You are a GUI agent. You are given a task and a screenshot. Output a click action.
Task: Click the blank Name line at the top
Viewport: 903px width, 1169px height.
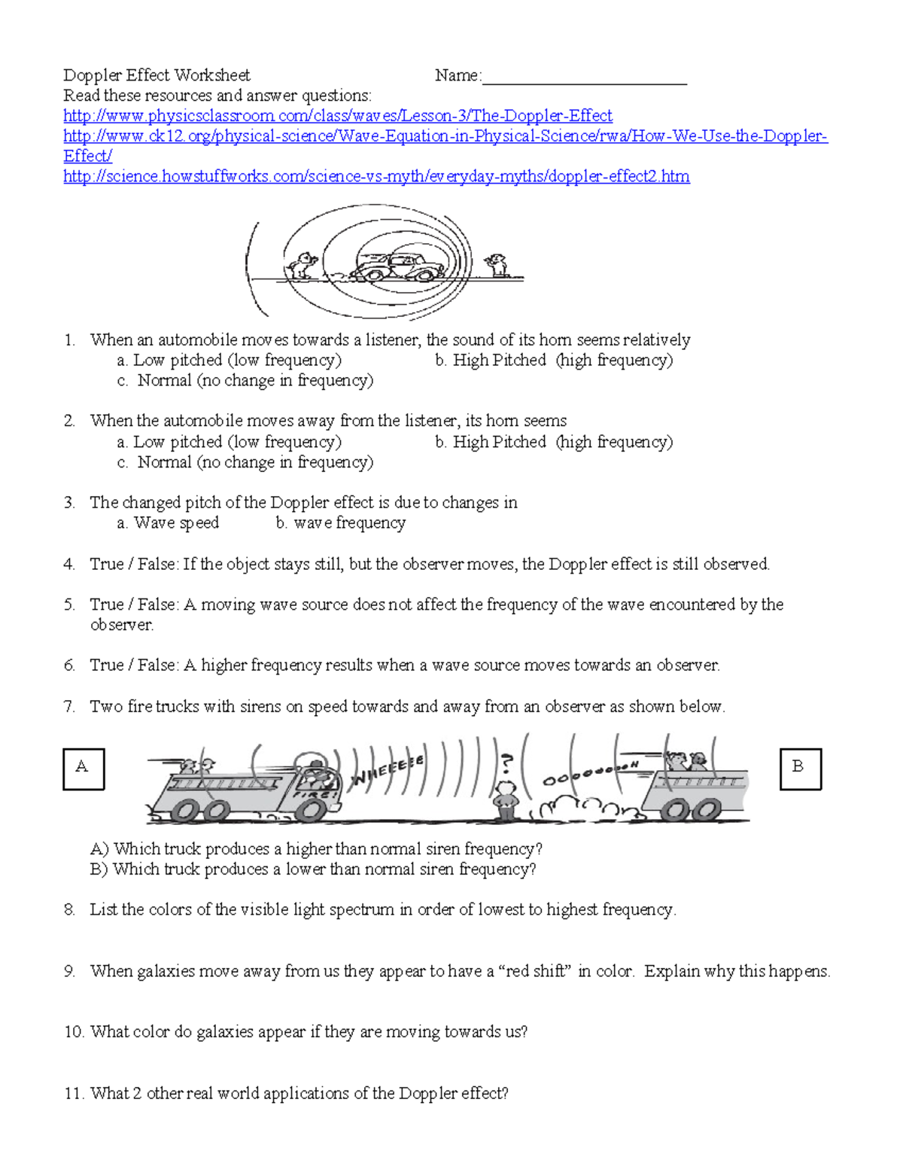tap(584, 78)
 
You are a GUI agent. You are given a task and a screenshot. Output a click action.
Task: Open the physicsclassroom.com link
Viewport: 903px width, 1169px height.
tap(338, 116)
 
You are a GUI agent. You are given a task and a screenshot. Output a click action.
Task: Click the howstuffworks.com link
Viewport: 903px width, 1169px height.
tap(376, 177)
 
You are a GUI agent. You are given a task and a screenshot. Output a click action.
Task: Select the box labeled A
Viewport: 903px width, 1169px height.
tap(84, 769)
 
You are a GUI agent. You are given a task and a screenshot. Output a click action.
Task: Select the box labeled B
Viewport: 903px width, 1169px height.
tap(801, 769)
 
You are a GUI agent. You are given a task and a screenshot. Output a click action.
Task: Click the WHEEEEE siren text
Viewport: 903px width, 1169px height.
tap(388, 771)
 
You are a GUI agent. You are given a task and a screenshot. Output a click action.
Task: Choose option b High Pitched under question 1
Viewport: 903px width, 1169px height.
tap(554, 361)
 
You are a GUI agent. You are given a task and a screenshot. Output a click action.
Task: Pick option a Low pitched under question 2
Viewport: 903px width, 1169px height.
tap(230, 442)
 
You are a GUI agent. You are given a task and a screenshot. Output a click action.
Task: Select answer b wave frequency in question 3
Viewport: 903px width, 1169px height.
tap(341, 523)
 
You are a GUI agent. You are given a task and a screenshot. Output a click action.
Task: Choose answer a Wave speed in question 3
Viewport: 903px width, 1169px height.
tap(169, 523)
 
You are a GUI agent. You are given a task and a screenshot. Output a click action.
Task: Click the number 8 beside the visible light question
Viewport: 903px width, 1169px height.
tap(69, 910)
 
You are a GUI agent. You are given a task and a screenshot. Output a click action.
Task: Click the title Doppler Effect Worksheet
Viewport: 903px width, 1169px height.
tap(157, 75)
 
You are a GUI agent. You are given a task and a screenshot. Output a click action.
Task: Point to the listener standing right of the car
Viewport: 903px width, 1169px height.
tap(497, 265)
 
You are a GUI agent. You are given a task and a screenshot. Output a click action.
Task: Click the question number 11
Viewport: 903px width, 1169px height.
tap(73, 1094)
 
